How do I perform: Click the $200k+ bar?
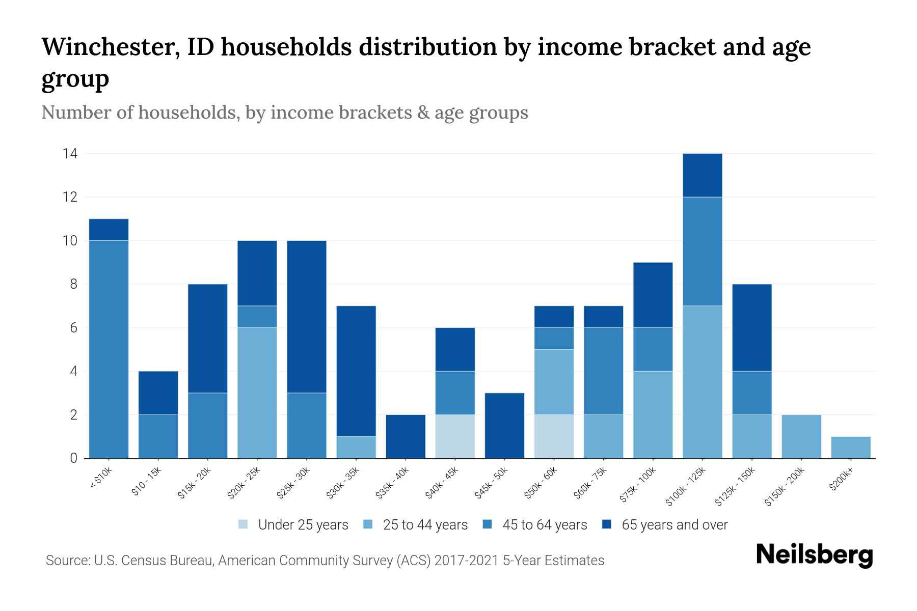(850, 448)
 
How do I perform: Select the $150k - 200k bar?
(801, 436)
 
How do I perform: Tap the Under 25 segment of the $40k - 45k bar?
(455, 436)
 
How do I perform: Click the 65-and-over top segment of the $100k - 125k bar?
(702, 175)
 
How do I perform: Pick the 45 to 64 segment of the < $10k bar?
(109, 349)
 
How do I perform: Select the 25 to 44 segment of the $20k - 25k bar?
(257, 393)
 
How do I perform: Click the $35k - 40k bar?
(406, 436)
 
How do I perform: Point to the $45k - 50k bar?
(504, 426)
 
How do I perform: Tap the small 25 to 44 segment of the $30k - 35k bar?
(356, 448)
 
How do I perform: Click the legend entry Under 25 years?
(303, 525)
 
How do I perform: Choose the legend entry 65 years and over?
(674, 525)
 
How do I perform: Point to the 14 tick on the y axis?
(70, 153)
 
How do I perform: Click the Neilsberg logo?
(814, 555)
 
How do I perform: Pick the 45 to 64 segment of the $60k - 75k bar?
(603, 371)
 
